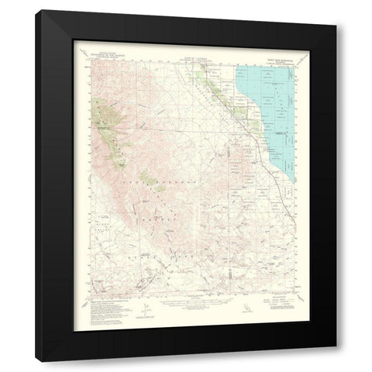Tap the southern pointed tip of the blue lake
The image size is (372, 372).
coord(291,181)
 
